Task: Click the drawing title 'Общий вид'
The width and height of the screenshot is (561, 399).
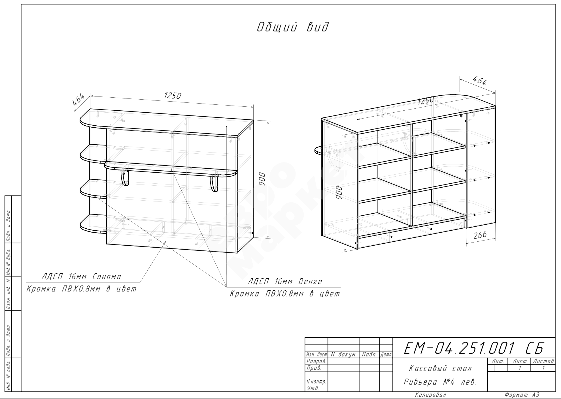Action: (x=293, y=27)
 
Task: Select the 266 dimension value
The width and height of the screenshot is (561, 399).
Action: (x=480, y=235)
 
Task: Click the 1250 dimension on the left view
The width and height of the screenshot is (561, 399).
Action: (x=172, y=96)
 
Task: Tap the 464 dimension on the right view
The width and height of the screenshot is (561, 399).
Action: (x=480, y=81)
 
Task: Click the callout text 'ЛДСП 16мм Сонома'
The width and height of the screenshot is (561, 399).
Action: (x=81, y=276)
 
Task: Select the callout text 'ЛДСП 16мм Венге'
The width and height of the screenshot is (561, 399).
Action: (x=285, y=282)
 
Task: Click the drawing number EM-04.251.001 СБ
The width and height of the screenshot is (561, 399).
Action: (x=474, y=348)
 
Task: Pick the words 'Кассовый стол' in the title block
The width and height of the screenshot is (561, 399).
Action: (x=440, y=368)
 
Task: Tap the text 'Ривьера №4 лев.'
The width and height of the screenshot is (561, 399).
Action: (x=440, y=382)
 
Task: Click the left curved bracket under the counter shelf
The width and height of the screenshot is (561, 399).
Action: (x=125, y=177)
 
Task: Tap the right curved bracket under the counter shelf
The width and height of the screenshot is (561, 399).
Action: (x=214, y=184)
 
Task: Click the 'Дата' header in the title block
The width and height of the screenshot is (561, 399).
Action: (x=386, y=354)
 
